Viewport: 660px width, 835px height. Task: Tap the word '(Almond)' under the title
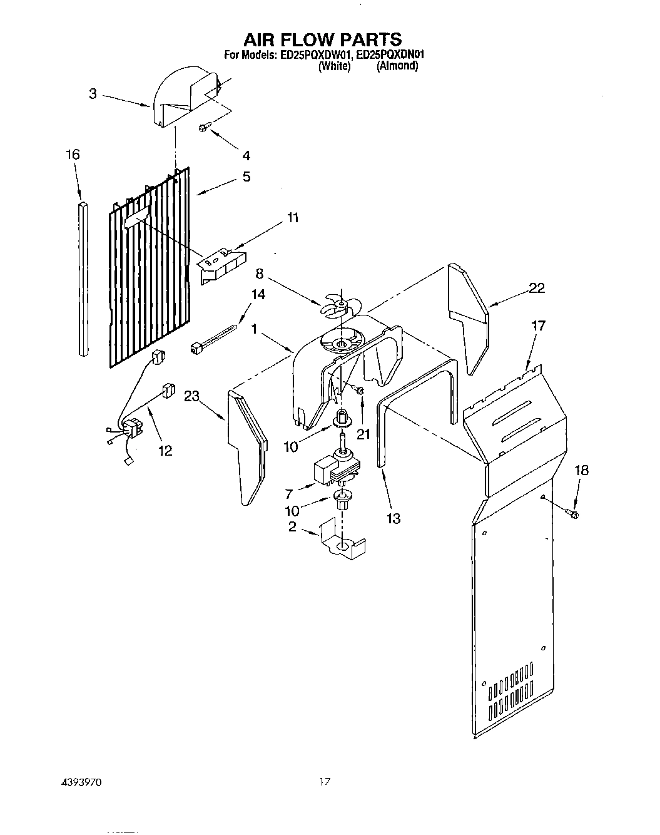[397, 66]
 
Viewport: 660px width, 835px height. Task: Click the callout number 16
[73, 154]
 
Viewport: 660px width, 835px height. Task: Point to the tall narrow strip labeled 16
[84, 279]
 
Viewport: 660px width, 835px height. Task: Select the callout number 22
[536, 288]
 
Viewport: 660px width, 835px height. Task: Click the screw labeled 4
[203, 128]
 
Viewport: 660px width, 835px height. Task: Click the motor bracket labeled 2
[342, 542]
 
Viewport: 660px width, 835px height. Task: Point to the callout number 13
[393, 518]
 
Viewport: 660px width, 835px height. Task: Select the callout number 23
[191, 395]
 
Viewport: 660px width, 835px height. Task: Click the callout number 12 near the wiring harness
[165, 450]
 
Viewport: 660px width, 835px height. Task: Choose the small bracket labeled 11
[222, 265]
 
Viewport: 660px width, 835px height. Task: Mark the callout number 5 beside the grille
[246, 177]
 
